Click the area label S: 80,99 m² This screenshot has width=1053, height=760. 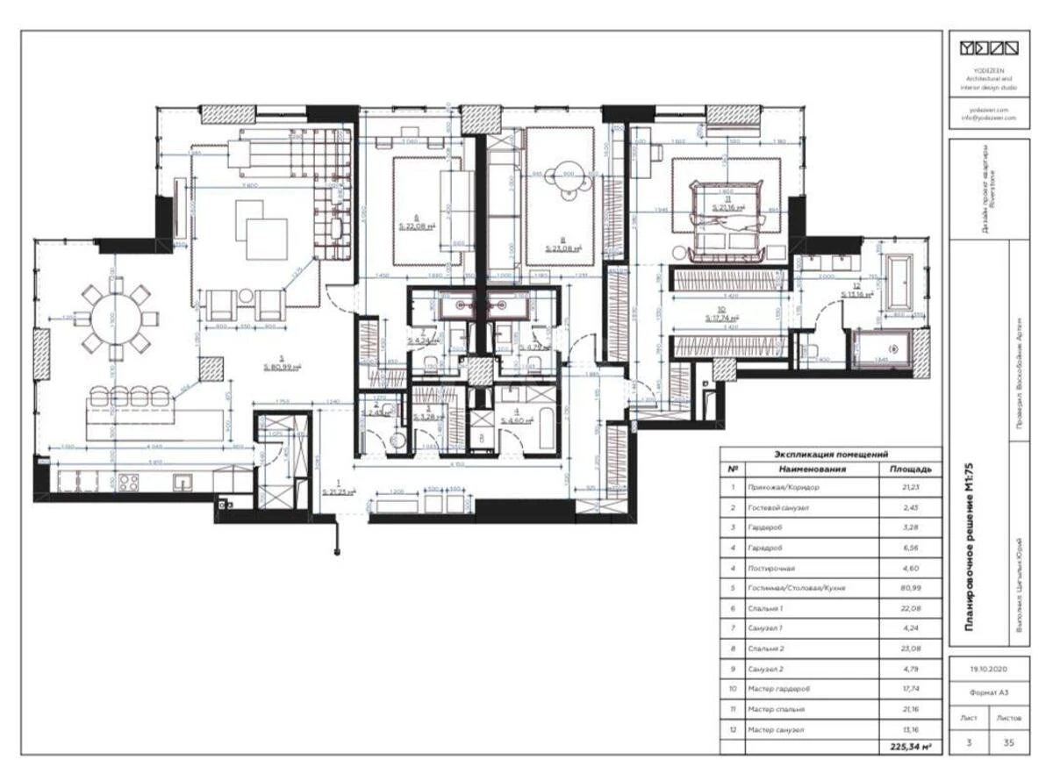282,367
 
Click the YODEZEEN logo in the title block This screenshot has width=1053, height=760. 988,47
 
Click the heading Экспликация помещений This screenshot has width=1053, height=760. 831,454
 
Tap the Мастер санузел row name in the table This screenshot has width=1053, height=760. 777,729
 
